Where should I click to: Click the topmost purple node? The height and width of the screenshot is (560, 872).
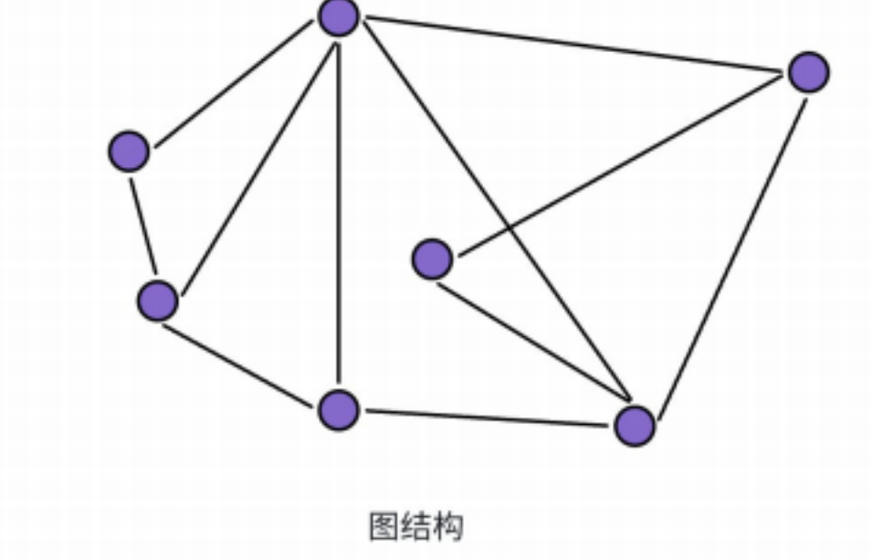pos(339,17)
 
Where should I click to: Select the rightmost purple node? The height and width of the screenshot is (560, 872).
pos(808,72)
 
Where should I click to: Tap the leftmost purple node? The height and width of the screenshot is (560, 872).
pos(129,151)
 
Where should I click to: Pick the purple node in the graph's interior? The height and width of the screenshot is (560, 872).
pos(432,259)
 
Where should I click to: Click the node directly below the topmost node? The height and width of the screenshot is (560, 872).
pos(339,408)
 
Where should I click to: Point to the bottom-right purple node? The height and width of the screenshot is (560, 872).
pos(635,425)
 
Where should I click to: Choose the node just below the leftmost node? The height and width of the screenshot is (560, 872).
pos(157,301)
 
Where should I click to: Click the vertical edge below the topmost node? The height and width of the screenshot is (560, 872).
pos(338,210)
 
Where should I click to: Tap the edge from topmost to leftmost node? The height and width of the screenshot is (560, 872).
pos(234,84)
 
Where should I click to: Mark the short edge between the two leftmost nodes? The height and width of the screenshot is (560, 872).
pos(142,226)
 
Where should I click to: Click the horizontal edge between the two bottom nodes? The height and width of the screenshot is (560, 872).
pos(487,418)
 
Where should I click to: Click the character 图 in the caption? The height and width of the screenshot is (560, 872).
pos(383,526)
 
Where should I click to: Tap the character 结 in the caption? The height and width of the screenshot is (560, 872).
pos(415,526)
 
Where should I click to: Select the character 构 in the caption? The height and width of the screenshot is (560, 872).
pos(448,526)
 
